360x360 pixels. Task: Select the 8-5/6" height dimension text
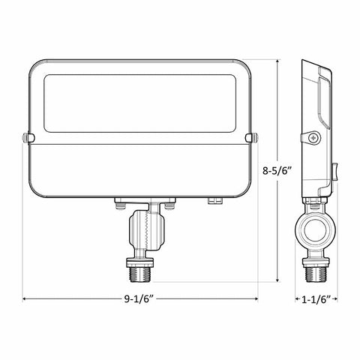pyautogui.click(x=277, y=171)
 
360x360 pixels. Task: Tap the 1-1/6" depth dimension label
pyautogui.click(x=316, y=299)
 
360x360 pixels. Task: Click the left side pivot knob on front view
pyautogui.click(x=28, y=138)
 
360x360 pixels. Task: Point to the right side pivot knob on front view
pyautogui.click(x=252, y=138)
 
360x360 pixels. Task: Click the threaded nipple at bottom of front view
pyautogui.click(x=140, y=274)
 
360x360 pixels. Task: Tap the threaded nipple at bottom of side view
pyautogui.click(x=315, y=274)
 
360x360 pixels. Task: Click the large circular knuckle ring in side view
pyautogui.click(x=315, y=230)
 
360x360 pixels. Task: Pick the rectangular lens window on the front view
pyautogui.click(x=140, y=103)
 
